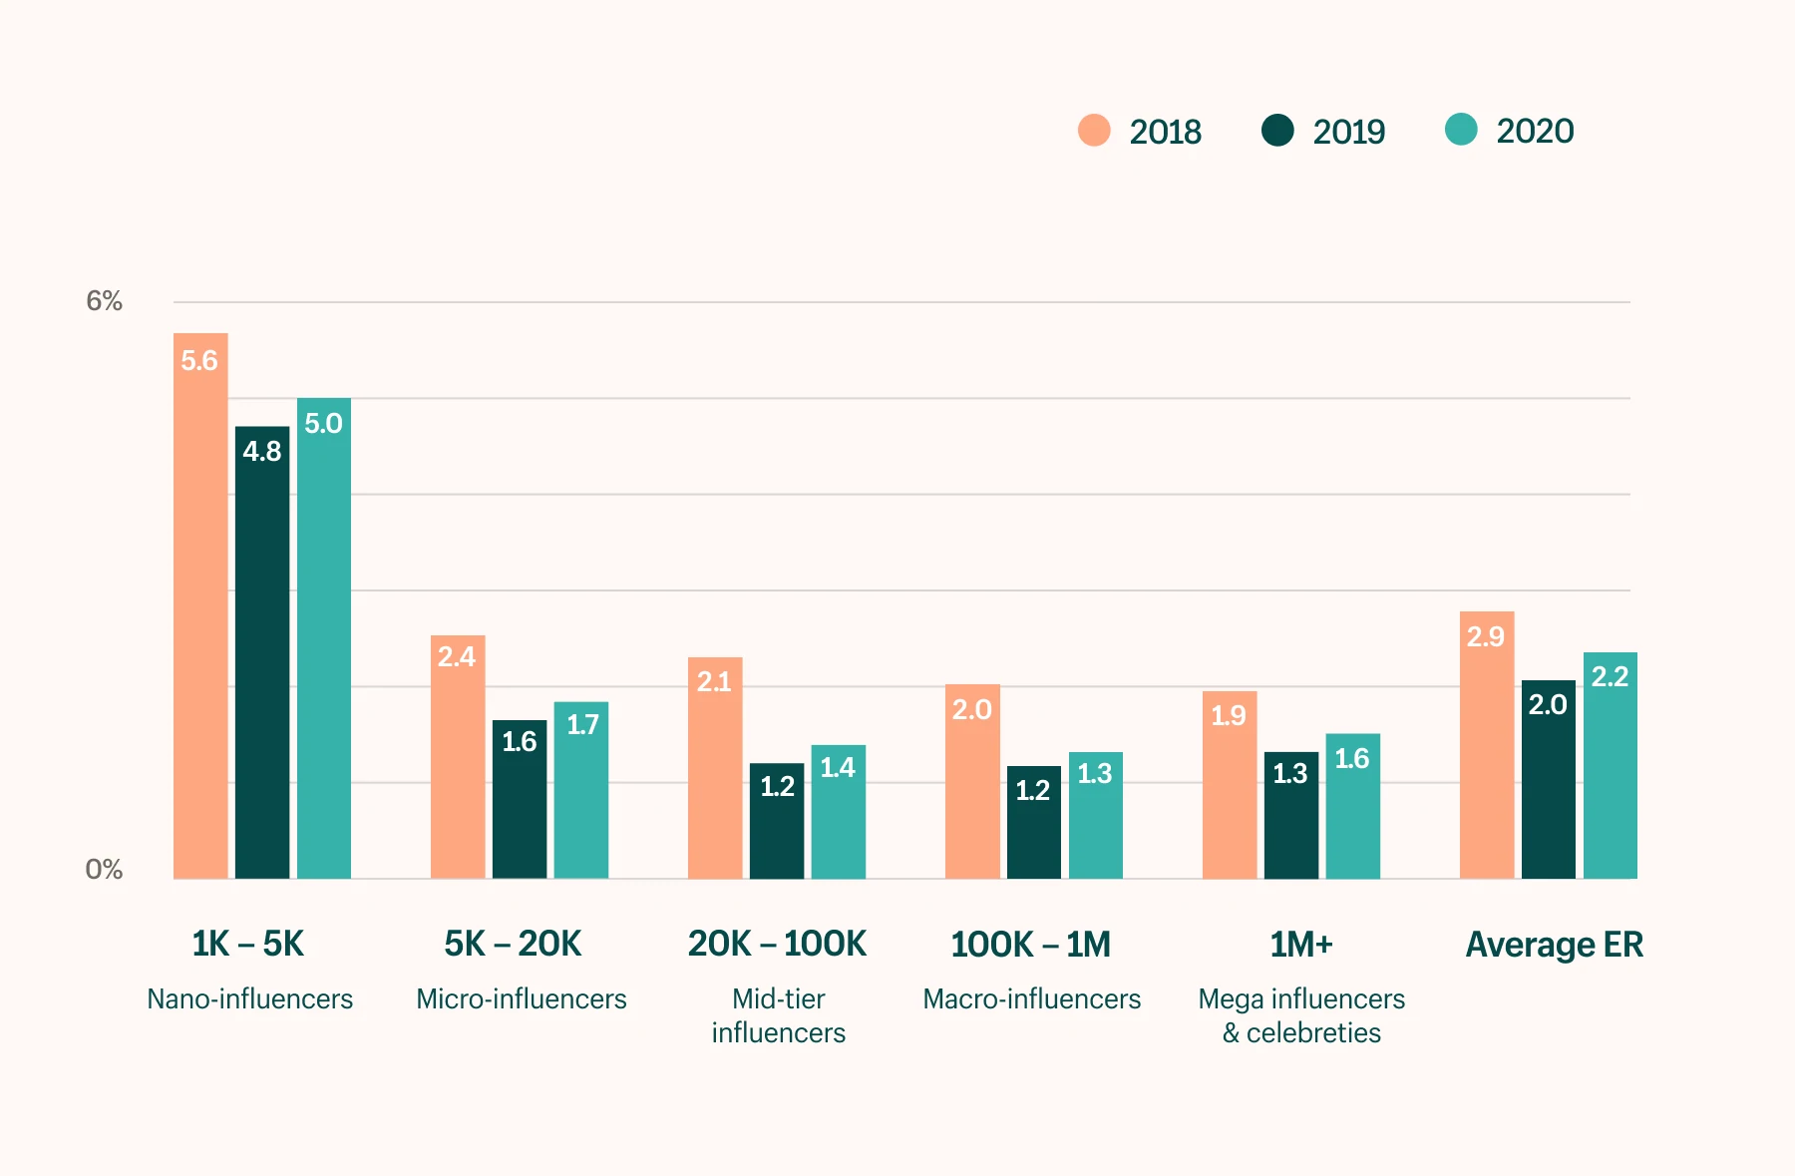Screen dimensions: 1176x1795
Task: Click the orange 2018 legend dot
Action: (x=1094, y=131)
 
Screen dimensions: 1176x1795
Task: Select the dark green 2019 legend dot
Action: (x=1277, y=131)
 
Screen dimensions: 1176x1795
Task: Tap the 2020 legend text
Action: (x=1535, y=131)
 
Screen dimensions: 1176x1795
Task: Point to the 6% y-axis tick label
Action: (x=104, y=301)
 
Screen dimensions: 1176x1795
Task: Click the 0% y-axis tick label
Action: (x=104, y=870)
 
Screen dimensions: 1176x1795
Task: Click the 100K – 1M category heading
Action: (x=1030, y=944)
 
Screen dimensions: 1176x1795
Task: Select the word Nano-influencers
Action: (x=249, y=998)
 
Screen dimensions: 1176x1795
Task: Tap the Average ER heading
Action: (x=1554, y=944)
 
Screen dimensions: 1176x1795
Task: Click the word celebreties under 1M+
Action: (x=1313, y=1032)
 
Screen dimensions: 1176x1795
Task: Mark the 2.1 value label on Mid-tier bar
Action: (x=714, y=682)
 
